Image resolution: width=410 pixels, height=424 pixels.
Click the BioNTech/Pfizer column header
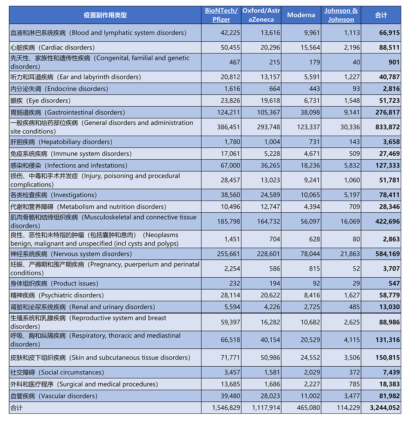pos(221,15)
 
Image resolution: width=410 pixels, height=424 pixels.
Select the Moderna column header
pos(301,15)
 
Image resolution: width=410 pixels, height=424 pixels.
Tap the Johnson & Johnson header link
pos(341,15)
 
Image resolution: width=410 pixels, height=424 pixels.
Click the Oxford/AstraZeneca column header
pos(261,15)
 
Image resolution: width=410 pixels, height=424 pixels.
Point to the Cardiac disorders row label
pos(53,47)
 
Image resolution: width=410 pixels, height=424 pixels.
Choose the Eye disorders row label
pos(41,100)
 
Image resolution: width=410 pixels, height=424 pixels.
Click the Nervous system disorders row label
pos(71,254)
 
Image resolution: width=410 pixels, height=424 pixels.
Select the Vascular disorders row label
pos(54,396)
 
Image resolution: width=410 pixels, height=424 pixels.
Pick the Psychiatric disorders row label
pos(57,295)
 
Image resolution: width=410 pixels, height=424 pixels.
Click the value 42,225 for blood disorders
pos(230,33)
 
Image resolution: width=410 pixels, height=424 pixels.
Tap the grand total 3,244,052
pos(385,408)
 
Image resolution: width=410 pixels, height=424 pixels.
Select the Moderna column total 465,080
pos(308,408)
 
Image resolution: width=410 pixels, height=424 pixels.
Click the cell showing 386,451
pos(228,127)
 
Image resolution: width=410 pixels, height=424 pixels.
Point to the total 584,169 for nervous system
pos(387,254)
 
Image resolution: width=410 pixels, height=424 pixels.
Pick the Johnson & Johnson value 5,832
pos(352,165)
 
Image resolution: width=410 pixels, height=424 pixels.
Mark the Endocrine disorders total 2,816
pos(391,89)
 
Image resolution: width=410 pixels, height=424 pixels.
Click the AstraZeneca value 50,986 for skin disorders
pos(270,358)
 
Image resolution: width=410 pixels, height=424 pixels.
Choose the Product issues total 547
pos(394,283)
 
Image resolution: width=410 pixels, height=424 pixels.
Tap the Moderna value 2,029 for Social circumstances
pos(312,372)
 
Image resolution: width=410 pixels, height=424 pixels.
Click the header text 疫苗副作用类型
pos(105,15)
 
